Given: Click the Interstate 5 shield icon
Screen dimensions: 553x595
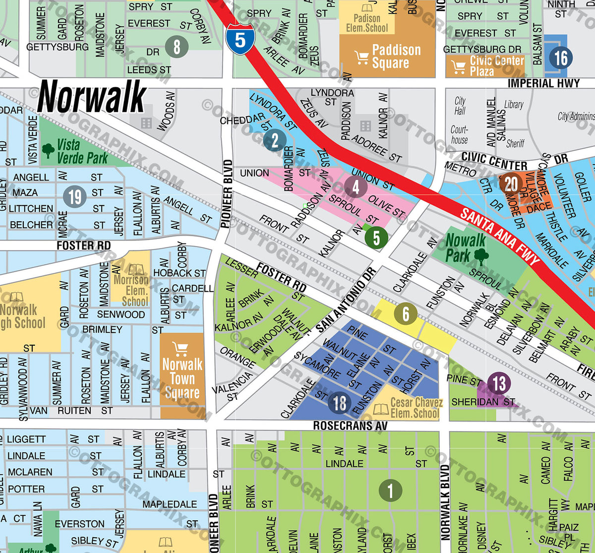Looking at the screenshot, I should coord(240,39).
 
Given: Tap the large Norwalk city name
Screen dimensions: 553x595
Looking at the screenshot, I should coord(92,97).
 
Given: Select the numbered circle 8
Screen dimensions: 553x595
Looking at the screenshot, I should coord(177,47).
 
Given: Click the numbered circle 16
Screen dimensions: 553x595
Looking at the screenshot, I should coord(561,58).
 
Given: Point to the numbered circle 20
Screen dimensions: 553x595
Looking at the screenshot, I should coord(511,184).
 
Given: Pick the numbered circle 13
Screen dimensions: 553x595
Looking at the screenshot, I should coord(499,383).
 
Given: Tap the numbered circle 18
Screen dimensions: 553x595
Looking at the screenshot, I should coord(340,403).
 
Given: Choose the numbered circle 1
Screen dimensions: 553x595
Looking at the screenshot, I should coord(390,491).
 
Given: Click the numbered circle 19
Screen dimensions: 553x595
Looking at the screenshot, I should coord(75,197).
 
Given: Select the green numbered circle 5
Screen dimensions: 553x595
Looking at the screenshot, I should coord(376,238).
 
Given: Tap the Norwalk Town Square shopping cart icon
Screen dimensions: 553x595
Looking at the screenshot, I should coord(180,349).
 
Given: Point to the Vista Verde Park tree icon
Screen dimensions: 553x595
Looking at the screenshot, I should coord(48,150).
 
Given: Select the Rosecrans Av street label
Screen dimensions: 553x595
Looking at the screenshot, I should coord(350,426).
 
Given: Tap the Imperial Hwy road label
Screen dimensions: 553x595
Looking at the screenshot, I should coord(543,83).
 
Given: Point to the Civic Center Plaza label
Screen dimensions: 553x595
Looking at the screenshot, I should coord(496,65).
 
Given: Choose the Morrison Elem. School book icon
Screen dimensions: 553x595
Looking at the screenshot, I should coord(136,270).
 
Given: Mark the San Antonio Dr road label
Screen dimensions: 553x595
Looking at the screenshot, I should coord(347,300).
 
